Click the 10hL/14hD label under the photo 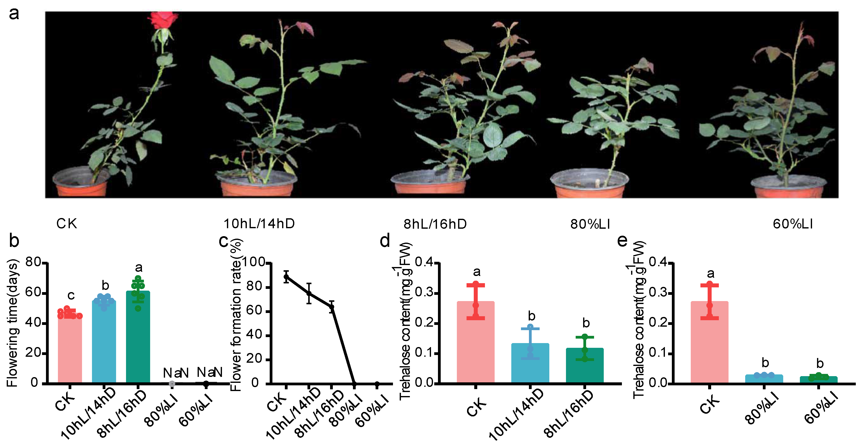(259, 223)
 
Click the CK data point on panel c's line (286, 277)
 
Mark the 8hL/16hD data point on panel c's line (332, 307)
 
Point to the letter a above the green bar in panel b (138, 267)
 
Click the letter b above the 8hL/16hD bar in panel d (586, 323)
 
